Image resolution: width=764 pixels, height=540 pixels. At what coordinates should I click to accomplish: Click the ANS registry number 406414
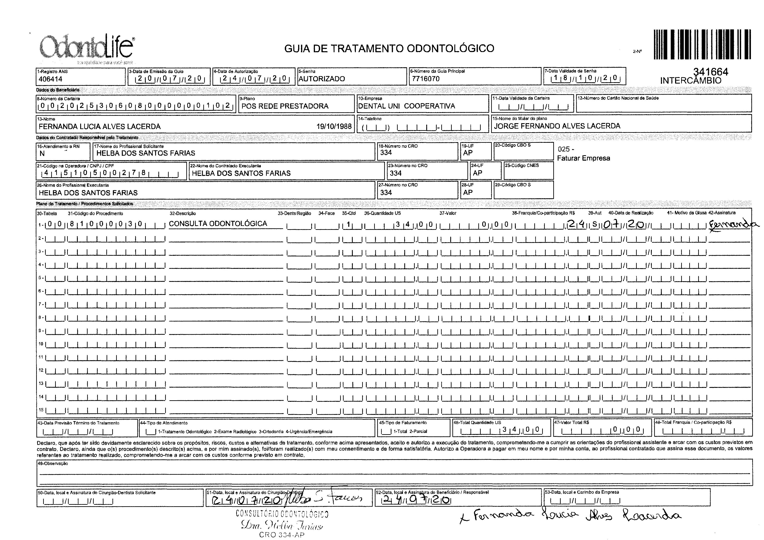coord(51,79)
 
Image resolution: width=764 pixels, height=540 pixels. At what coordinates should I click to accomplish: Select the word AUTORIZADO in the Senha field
coord(322,79)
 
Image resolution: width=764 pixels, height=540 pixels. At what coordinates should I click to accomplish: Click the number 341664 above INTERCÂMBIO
coord(711,71)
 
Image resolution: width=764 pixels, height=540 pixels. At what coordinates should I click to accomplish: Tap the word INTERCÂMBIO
coord(691,81)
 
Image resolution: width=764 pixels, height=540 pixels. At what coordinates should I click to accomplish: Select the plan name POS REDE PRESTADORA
coord(285,106)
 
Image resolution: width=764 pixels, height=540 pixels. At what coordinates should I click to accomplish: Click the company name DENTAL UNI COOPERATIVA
coord(406,106)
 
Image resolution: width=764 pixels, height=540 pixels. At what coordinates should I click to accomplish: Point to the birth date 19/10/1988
coord(334,126)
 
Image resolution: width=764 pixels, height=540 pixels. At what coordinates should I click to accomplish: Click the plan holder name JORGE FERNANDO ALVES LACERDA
coord(557,126)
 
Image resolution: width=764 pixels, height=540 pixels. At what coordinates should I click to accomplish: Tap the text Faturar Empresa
coord(584,158)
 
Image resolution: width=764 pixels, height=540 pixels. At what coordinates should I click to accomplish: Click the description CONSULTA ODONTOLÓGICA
coord(218,224)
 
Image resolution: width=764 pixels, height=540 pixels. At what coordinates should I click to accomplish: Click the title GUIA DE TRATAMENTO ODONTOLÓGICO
coord(389,49)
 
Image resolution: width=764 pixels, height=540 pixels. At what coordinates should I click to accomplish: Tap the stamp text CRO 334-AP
coord(282,535)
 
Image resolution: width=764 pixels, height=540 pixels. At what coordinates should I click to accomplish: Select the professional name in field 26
coord(88,193)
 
